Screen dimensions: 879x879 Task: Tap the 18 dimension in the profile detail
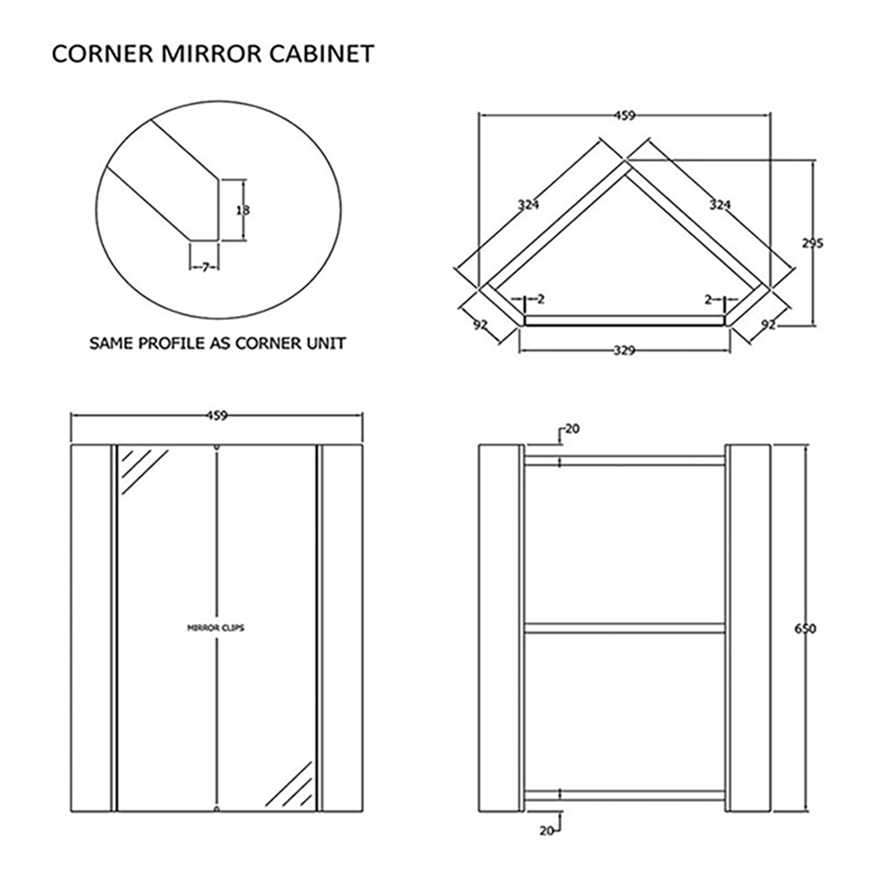click(x=243, y=210)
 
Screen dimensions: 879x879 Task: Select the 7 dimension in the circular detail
click(x=204, y=265)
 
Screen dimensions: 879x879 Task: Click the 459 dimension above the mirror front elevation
click(x=216, y=417)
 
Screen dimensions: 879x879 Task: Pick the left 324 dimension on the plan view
click(x=527, y=205)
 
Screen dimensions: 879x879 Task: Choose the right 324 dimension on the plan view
click(x=719, y=205)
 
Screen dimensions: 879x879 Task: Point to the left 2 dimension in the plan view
click(x=540, y=300)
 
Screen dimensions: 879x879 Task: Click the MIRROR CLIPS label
click(x=216, y=628)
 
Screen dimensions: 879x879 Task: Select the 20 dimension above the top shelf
click(x=571, y=429)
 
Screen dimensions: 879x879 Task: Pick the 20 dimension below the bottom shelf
click(x=547, y=830)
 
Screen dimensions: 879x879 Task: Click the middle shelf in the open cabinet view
click(x=624, y=628)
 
